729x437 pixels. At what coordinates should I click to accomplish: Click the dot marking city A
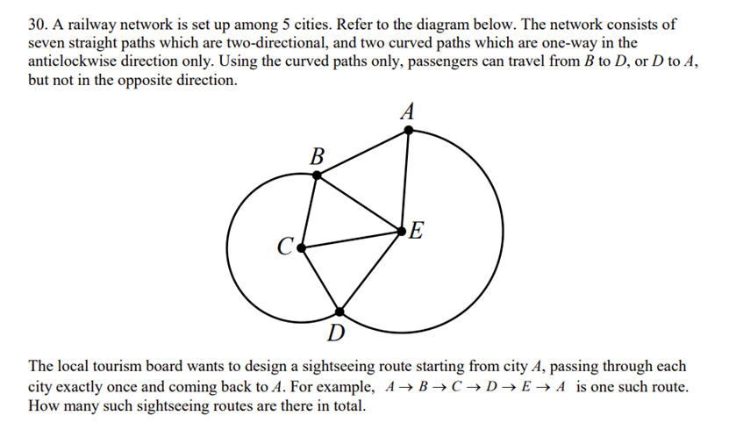click(408, 131)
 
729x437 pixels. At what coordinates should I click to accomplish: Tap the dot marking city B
click(317, 176)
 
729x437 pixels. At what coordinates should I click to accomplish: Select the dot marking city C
click(301, 248)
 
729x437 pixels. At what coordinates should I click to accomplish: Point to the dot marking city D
click(339, 312)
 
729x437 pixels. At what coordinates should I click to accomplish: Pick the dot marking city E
click(401, 231)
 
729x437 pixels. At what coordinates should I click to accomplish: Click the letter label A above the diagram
click(407, 111)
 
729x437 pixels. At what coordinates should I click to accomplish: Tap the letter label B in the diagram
click(317, 156)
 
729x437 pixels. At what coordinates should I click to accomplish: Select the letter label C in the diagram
click(285, 246)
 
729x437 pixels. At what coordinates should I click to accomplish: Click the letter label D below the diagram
click(336, 333)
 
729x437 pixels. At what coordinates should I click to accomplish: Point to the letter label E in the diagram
click(416, 231)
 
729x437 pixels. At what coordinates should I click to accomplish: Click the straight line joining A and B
click(362, 153)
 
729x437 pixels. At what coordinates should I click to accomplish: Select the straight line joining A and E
click(405, 181)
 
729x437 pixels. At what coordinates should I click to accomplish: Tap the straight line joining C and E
click(351, 240)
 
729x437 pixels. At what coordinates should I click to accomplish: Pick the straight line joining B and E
click(359, 204)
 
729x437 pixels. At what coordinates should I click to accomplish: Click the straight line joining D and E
click(370, 271)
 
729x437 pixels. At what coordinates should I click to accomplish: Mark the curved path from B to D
click(227, 247)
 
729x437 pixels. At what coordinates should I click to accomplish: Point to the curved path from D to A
click(503, 231)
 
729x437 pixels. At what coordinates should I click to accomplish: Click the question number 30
click(38, 25)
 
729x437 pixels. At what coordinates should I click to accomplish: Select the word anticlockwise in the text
click(72, 61)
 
